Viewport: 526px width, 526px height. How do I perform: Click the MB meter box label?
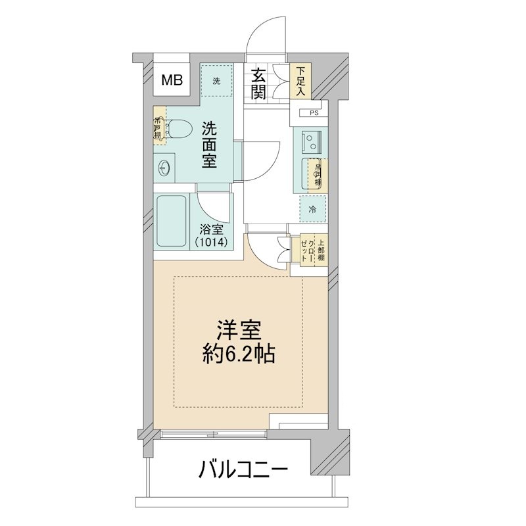click(x=172, y=81)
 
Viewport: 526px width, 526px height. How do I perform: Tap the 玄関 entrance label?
click(x=257, y=84)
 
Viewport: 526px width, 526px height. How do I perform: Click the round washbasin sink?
click(x=164, y=170)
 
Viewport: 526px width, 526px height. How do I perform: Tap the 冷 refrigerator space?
click(x=312, y=210)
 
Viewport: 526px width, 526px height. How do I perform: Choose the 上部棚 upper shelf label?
click(x=320, y=249)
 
